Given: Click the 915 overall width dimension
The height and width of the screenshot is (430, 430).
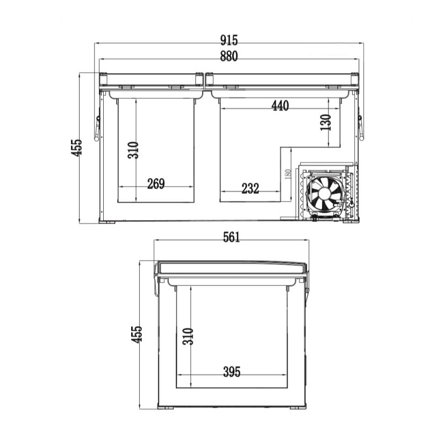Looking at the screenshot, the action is (x=229, y=40).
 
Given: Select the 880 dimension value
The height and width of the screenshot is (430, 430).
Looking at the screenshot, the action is (x=229, y=56).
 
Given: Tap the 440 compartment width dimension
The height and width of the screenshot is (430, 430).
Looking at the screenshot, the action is (x=280, y=105).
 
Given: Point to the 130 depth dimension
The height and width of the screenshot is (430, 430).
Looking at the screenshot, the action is (x=326, y=123).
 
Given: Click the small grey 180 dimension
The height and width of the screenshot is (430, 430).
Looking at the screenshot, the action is (x=288, y=174).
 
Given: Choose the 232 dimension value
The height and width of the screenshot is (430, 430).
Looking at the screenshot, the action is (x=250, y=189).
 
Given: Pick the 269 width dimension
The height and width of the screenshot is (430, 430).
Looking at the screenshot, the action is (x=156, y=184).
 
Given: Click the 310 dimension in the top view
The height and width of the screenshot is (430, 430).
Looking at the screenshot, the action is (x=133, y=150).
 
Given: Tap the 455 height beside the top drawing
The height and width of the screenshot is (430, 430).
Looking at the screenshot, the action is (x=76, y=148).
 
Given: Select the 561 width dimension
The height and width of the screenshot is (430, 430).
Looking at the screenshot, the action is (x=231, y=237).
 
